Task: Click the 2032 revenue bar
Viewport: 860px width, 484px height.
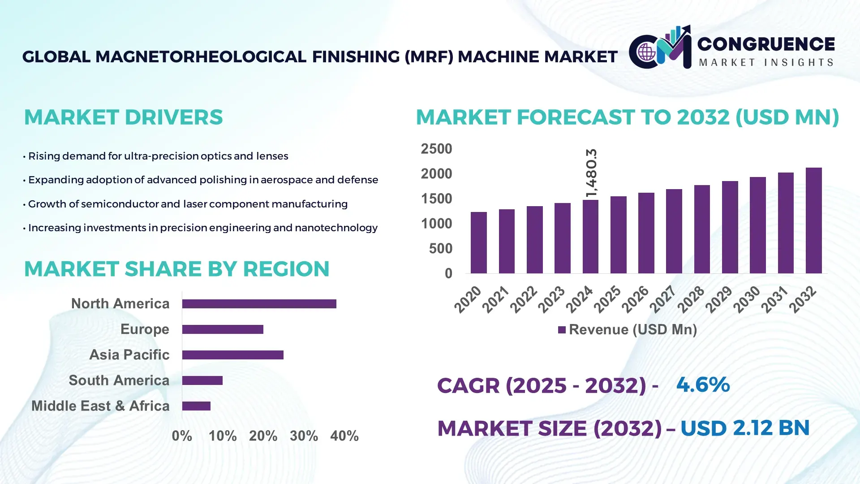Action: coord(813,220)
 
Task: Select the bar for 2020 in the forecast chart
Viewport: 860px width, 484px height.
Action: coord(478,242)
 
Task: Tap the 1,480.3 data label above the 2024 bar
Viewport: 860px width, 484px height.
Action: coord(591,173)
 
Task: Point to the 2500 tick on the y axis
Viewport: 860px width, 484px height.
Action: coord(436,149)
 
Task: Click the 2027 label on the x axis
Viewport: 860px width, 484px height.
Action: coord(662,299)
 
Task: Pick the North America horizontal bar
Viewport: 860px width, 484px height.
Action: coord(259,304)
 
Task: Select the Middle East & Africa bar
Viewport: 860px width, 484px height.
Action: coord(196,406)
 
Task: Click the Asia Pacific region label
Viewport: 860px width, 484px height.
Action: coord(129,354)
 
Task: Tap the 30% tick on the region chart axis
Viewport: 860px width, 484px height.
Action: coord(304,436)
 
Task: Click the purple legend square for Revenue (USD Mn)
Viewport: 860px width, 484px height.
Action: coord(562,330)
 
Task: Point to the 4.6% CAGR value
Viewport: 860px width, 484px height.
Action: coord(703,385)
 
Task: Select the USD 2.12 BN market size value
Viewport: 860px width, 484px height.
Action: coord(745,428)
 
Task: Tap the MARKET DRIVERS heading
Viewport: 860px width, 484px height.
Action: coord(123,117)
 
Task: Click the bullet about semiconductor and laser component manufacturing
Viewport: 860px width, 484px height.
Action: coord(187,204)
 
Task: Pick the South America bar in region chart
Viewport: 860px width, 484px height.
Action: coord(202,380)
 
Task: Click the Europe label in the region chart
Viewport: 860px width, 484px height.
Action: coord(145,329)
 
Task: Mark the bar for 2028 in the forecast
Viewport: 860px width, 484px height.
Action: coord(702,229)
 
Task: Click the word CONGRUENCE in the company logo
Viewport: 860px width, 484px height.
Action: coord(766,44)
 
